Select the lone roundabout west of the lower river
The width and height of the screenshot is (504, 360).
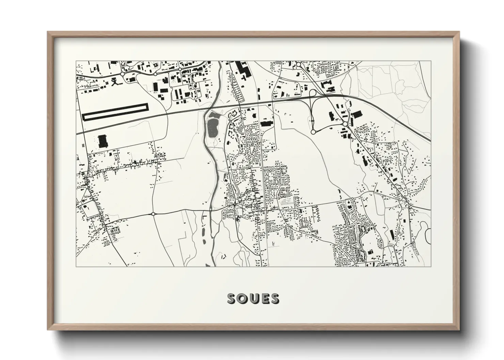tap(153, 214)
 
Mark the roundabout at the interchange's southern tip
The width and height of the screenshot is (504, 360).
tap(313, 131)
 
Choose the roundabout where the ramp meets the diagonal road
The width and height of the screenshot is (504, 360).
tap(345, 124)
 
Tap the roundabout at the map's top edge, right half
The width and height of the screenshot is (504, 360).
tap(298, 64)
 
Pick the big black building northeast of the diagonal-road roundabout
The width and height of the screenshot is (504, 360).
tap(357, 114)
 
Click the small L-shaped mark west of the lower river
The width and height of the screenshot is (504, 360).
tap(204, 217)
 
